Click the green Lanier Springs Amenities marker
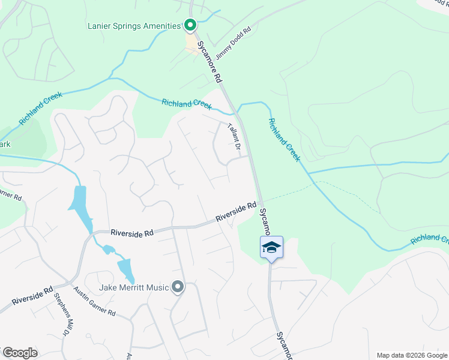190,25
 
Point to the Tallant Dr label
234,137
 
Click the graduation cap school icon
271,247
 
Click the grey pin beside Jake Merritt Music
177,287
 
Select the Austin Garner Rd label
94,301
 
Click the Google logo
20,353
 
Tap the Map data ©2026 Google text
412,355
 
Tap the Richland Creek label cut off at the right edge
430,239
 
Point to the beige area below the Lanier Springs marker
193,45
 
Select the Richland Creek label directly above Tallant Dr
187,104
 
